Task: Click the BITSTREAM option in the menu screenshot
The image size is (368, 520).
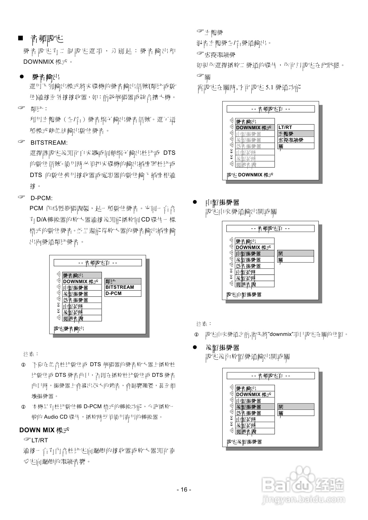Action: tap(120, 287)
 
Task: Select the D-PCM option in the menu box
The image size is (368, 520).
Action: tap(114, 293)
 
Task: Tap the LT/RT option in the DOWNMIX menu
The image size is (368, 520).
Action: tap(285, 127)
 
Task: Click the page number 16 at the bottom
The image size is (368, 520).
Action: tap(184, 489)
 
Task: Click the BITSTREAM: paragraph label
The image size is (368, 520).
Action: tap(49, 143)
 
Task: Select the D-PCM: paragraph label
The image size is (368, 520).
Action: tap(42, 198)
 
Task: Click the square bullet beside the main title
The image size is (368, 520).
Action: tap(20, 39)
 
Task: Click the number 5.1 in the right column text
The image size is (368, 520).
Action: tap(269, 87)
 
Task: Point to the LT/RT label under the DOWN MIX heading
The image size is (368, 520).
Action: tap(39, 440)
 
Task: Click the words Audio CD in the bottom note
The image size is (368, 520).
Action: tap(56, 417)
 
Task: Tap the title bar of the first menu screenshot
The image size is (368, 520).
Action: tap(98, 263)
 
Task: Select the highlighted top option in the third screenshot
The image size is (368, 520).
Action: tap(296, 253)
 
